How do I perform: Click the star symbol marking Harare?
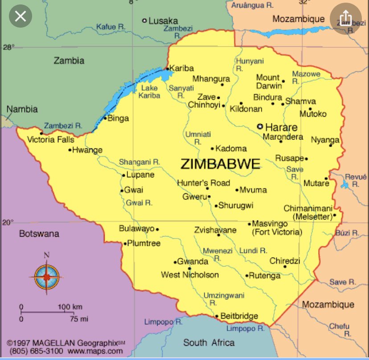tap(260, 126)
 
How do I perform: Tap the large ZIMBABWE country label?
tap(220, 164)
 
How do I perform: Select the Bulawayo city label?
tap(136, 229)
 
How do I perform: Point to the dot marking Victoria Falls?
tap(41, 133)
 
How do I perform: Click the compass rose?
tap(46, 277)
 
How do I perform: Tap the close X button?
tap(20, 17)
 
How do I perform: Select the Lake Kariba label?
tap(149, 92)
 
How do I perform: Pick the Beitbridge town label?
tap(239, 316)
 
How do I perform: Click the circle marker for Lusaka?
tap(144, 20)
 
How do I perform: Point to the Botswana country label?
tap(39, 233)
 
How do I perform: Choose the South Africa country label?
tap(209, 343)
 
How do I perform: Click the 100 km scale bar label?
tap(70, 307)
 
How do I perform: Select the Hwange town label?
tap(87, 150)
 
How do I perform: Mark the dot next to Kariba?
tap(168, 69)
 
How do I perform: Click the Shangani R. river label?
tap(139, 162)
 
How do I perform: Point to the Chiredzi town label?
tap(285, 261)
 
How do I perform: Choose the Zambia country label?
tap(69, 61)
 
